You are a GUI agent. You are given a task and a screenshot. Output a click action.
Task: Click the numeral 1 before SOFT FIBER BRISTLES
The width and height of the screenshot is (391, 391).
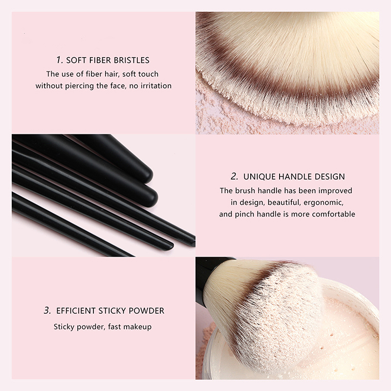point(59,60)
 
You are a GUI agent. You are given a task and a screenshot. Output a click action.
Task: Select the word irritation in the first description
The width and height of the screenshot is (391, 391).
point(156,86)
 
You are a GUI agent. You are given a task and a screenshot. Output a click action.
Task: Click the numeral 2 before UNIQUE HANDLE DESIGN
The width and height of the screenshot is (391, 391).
point(234,176)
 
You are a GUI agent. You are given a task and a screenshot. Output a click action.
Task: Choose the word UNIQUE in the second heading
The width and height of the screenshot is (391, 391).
point(260,176)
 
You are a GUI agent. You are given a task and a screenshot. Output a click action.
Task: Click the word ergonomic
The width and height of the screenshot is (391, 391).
point(324,203)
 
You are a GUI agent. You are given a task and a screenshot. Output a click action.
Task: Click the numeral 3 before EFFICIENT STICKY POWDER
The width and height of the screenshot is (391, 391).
point(47,310)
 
